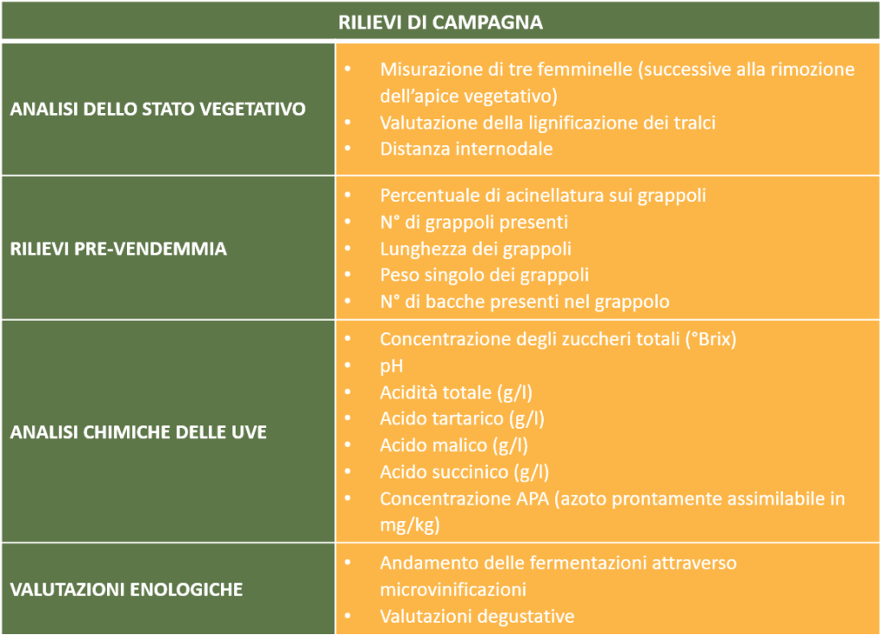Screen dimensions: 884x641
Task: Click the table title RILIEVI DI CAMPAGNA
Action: click(440, 22)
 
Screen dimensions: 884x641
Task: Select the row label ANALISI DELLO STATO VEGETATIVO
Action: click(158, 109)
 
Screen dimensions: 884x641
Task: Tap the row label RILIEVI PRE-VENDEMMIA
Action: click(118, 248)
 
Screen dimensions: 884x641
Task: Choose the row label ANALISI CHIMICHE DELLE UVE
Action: click(138, 432)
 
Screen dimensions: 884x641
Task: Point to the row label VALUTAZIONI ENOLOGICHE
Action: click(126, 589)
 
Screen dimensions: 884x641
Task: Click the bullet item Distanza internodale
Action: click(466, 148)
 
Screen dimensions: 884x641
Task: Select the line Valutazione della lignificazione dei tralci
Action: click(547, 123)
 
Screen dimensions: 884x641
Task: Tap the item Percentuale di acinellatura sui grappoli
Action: click(543, 196)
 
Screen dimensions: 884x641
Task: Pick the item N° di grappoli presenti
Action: click(474, 222)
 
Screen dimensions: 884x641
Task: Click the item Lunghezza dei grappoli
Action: click(476, 248)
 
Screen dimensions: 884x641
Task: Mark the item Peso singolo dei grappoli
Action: click(484, 275)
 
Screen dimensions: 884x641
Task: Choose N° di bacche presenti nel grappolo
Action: click(524, 301)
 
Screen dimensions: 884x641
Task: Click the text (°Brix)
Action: click(710, 339)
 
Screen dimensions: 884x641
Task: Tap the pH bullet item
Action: click(391, 366)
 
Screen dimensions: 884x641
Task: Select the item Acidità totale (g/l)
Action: click(456, 393)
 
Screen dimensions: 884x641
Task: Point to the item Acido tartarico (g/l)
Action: click(463, 418)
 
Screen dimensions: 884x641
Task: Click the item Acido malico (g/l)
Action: click(454, 445)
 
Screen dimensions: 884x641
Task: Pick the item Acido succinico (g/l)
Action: click(464, 472)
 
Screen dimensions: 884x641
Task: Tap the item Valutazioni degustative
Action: click(477, 616)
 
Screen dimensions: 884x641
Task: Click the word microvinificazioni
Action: click(452, 590)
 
